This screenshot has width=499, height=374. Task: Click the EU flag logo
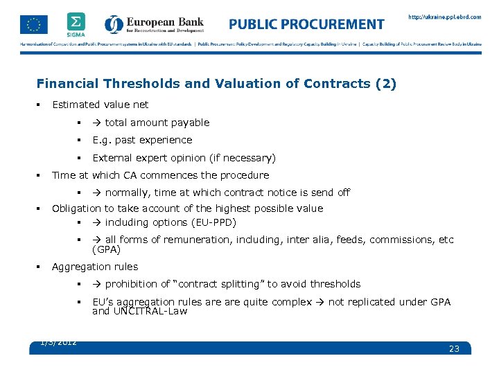pyautogui.click(x=34, y=24)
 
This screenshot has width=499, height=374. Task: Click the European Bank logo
pyautogui.click(x=155, y=24)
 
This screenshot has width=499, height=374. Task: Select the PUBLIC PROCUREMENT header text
pyautogui.click(x=306, y=24)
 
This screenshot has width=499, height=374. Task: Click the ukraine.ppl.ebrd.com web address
pyautogui.click(x=444, y=17)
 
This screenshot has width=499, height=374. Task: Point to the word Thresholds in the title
pyautogui.click(x=142, y=84)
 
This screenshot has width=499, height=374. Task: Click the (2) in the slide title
pyautogui.click(x=385, y=84)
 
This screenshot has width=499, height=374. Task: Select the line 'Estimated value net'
pyautogui.click(x=100, y=105)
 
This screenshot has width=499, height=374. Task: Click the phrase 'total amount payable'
pyautogui.click(x=157, y=123)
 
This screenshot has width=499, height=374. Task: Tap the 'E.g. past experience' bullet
pyautogui.click(x=142, y=140)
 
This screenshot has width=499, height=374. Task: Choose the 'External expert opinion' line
pyautogui.click(x=184, y=158)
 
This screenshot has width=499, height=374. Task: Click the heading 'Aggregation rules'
pyautogui.click(x=94, y=267)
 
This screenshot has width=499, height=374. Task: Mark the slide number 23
pyautogui.click(x=454, y=348)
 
